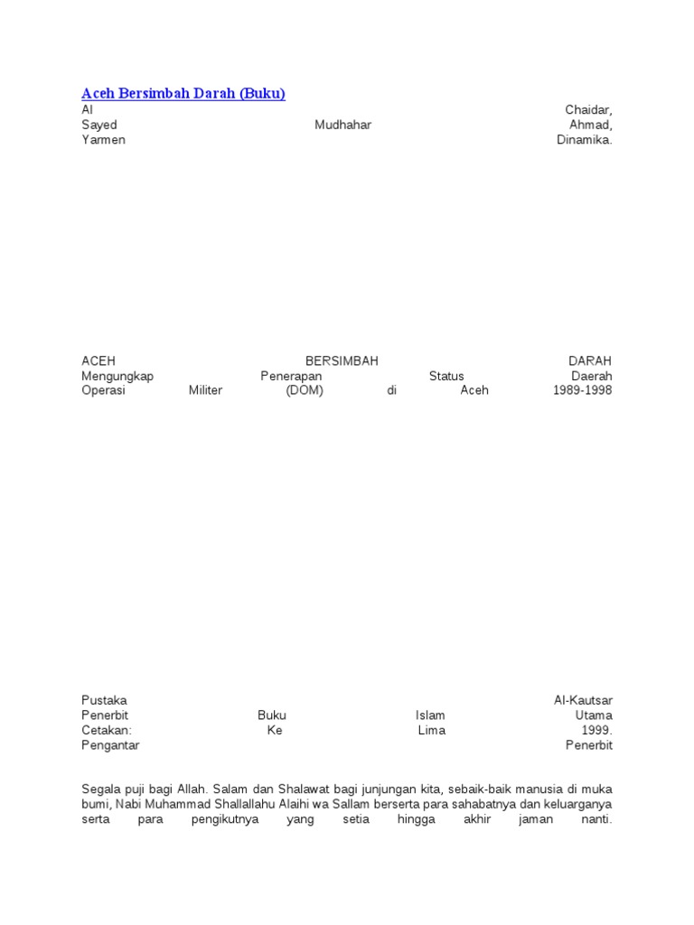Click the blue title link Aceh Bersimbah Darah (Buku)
click(183, 93)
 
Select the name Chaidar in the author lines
click(588, 109)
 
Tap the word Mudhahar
click(342, 125)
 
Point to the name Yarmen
click(103, 140)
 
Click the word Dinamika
click(584, 140)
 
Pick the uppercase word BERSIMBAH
click(342, 360)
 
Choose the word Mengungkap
click(117, 376)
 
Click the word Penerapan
click(292, 376)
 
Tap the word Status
click(446, 376)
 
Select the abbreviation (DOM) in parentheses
click(304, 391)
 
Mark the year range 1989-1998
click(582, 391)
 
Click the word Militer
click(205, 391)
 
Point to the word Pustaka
click(104, 700)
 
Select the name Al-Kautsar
click(583, 700)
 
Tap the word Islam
click(430, 715)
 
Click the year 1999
click(596, 730)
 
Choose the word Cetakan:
click(107, 730)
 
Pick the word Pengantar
click(110, 745)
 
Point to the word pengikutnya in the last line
click(225, 819)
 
